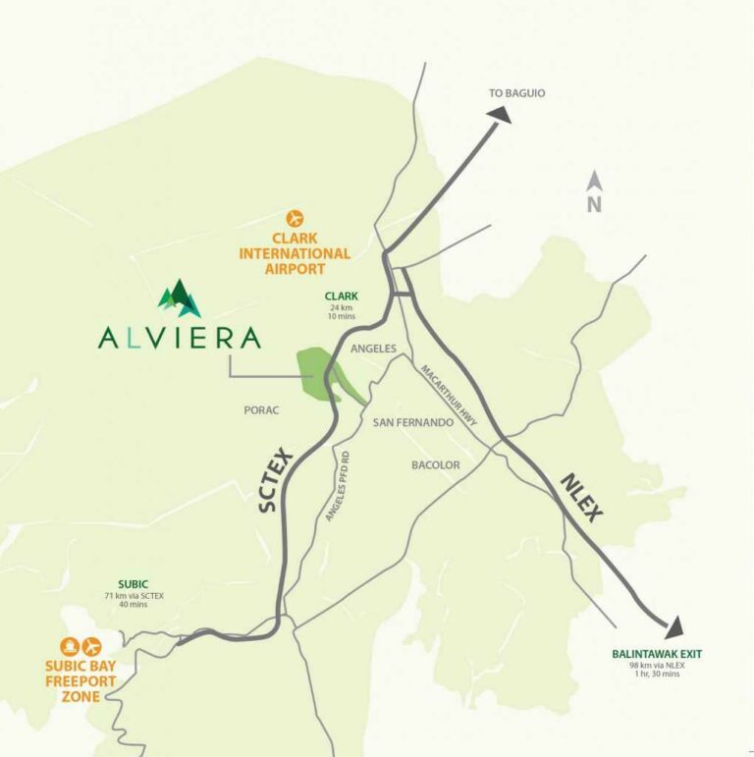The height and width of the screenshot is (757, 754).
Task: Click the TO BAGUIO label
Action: (516, 93)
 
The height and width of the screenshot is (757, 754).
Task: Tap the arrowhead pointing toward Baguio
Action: (500, 115)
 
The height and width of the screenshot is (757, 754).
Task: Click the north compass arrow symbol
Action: (594, 181)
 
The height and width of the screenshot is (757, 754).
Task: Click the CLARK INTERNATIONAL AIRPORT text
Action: (295, 253)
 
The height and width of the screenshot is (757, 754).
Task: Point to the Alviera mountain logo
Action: (180, 298)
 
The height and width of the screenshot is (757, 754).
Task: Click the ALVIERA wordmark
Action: (180, 338)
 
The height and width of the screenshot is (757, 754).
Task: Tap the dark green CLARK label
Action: (342, 297)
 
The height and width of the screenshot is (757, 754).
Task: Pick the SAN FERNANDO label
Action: (412, 422)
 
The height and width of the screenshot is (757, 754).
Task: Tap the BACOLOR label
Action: (436, 464)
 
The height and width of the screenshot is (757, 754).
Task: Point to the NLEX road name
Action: (581, 497)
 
